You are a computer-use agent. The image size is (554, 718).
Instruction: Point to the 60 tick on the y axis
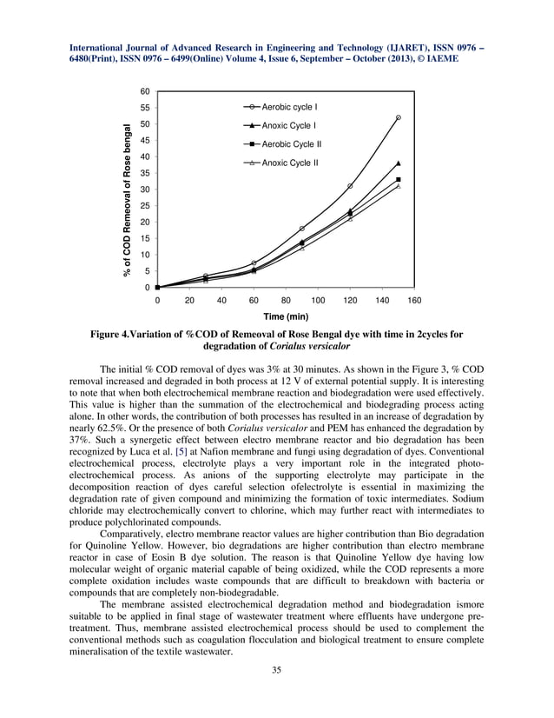145,91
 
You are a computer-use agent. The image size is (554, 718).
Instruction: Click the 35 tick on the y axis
145,173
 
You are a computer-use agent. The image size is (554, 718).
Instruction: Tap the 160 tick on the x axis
414,300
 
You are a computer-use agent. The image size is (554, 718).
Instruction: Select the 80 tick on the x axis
286,300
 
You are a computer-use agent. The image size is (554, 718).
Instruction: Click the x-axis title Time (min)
286,317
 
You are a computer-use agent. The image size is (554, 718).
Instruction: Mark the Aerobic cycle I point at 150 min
399,117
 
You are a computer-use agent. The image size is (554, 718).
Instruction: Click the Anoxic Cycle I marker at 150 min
399,163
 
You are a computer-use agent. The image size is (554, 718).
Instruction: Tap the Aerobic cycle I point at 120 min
350,186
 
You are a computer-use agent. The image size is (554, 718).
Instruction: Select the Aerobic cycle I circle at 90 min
301,229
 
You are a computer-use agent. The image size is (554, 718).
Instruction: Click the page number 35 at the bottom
276,669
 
